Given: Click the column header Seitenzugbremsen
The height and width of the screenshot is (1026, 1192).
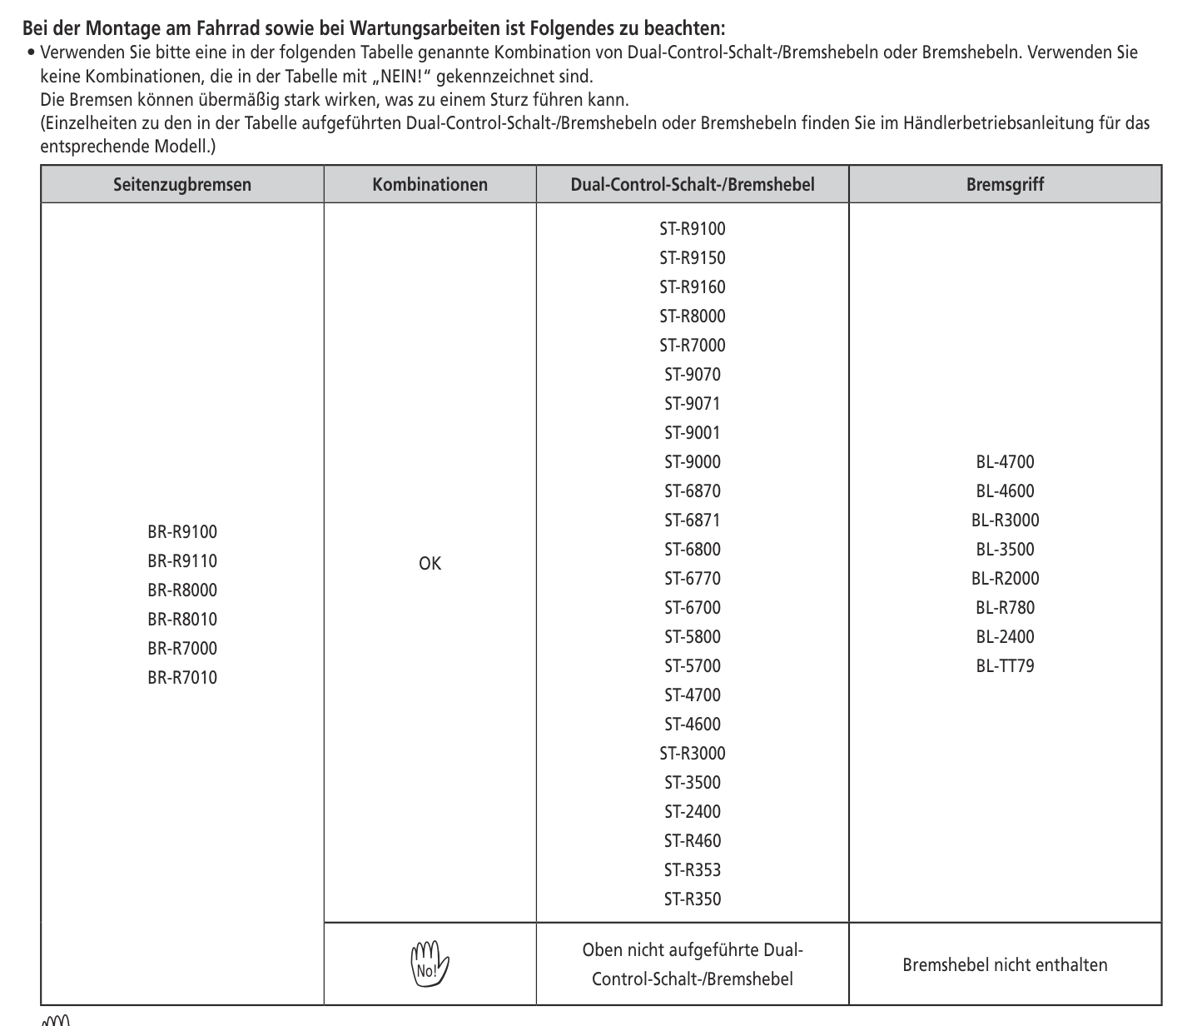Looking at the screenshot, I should tap(181, 184).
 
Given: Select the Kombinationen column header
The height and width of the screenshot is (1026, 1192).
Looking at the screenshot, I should tap(430, 184).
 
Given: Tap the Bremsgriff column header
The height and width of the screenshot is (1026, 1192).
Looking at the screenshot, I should tap(1005, 184).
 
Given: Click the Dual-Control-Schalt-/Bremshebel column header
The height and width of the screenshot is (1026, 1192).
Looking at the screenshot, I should tap(692, 184).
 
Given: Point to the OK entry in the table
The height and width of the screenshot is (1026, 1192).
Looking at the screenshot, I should tap(430, 564).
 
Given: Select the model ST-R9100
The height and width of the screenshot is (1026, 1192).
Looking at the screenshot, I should tap(692, 229).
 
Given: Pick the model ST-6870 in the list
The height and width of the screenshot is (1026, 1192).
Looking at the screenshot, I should tap(692, 491).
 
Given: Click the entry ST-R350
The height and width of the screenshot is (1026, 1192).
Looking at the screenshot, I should tap(692, 899).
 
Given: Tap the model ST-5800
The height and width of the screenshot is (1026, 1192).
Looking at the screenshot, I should tap(692, 637).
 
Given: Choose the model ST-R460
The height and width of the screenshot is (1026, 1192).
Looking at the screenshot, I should tap(692, 841).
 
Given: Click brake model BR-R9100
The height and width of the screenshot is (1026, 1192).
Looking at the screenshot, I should tap(181, 532).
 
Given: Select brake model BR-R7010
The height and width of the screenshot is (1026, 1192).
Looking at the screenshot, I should tap(181, 678).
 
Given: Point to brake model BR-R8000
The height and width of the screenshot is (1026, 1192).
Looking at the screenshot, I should tap(181, 590).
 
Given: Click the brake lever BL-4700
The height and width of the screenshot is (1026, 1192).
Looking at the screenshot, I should tap(1005, 462).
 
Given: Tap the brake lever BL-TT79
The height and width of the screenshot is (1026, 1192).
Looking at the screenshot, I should tap(1005, 666).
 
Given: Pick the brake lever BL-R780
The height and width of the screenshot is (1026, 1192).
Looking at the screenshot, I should tap(1005, 608).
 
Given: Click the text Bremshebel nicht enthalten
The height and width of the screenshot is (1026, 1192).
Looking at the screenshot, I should tap(1005, 965).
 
